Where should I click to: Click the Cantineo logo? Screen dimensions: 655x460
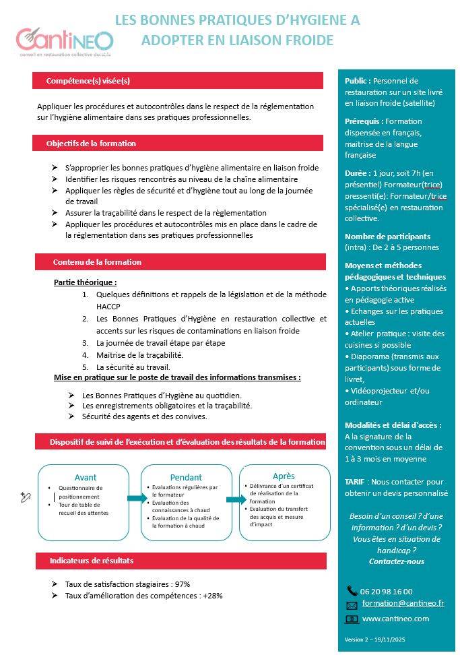click(65, 40)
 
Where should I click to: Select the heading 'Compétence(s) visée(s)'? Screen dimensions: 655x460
click(88, 81)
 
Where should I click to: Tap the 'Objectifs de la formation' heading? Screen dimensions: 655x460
click(91, 144)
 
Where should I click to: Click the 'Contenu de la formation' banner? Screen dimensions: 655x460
click(97, 261)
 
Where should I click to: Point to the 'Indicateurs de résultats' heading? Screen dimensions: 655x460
click(92, 561)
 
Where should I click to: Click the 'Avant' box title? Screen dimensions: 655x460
click(86, 477)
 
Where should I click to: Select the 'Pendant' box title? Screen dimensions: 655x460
click(186, 477)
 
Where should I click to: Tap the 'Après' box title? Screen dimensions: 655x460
click(284, 476)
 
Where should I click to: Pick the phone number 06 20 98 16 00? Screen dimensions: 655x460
click(387, 592)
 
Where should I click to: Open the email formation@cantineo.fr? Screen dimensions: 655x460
click(403, 603)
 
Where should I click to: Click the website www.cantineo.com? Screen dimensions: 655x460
click(395, 619)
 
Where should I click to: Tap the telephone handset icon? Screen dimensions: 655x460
click(352, 591)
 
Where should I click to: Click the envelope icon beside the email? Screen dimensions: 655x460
click(352, 605)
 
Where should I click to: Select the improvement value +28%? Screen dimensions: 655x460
click(212, 596)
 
